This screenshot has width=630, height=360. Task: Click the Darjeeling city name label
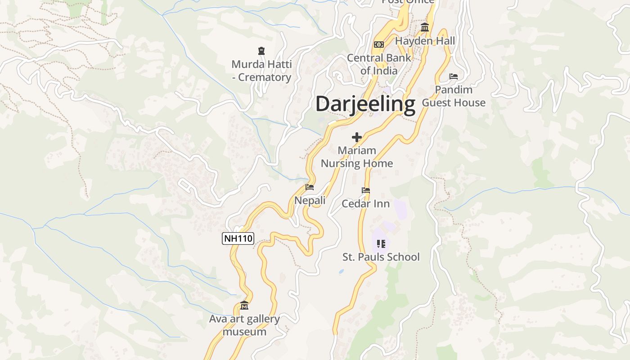365,104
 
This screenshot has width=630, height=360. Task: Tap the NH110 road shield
238,238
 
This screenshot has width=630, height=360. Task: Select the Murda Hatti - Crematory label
261,71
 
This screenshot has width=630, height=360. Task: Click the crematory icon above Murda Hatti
261,51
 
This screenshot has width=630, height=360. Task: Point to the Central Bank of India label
379,64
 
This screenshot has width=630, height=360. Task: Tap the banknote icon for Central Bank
379,45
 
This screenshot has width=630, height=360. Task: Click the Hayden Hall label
425,41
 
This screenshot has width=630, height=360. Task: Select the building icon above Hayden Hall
425,28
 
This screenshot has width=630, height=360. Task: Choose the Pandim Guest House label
454,96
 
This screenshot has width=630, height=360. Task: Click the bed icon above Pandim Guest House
454,76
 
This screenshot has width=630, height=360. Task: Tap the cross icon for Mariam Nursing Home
357,137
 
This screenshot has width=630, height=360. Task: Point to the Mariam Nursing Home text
357,157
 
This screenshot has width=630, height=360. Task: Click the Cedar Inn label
365,203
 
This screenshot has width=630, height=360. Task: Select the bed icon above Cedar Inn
366,190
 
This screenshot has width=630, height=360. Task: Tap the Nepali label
310,200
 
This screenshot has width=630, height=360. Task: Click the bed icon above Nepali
310,187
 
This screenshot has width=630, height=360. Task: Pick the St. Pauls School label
381,257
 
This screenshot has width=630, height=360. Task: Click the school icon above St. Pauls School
381,244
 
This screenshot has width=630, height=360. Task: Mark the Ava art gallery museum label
244,325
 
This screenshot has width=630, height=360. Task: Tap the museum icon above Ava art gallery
244,306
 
